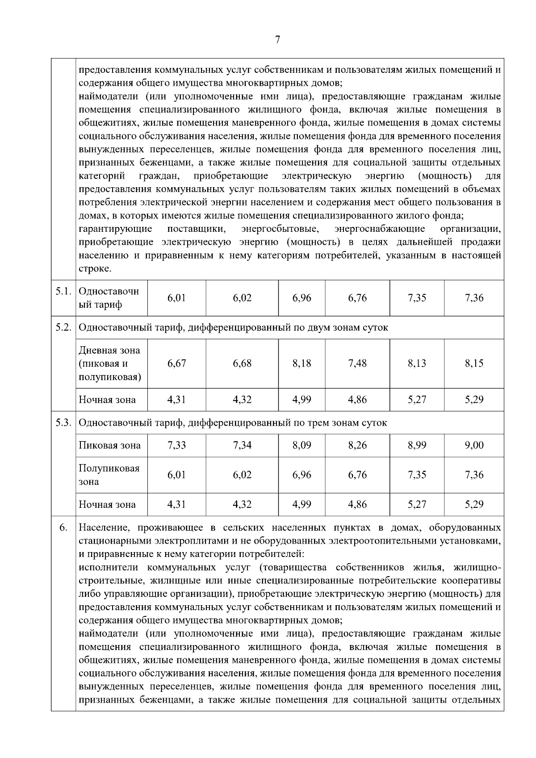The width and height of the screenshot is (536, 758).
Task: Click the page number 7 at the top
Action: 277,40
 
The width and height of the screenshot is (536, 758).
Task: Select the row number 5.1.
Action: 63,292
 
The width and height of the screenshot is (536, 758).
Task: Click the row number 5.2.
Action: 63,327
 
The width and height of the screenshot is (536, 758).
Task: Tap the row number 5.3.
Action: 63,423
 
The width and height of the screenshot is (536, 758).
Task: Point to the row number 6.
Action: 63,528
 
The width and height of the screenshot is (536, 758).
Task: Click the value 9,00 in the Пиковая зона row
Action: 474,445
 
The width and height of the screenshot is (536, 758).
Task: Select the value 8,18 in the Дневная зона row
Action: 301,363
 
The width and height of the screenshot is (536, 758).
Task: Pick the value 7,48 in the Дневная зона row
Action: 357,363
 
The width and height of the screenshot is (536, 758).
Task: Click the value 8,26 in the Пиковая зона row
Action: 357,445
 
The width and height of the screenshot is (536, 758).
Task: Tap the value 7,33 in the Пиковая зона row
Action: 176,445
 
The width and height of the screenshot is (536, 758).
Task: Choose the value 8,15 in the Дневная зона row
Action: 474,363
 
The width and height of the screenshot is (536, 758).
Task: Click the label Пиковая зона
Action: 109,445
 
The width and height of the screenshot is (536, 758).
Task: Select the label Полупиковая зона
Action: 109,475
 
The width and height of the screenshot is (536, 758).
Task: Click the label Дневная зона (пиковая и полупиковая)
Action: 110,364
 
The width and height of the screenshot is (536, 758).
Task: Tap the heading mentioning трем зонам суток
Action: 233,423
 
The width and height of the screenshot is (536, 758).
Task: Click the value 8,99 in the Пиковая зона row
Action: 417,445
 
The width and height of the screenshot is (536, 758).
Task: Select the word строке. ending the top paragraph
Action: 95,269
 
